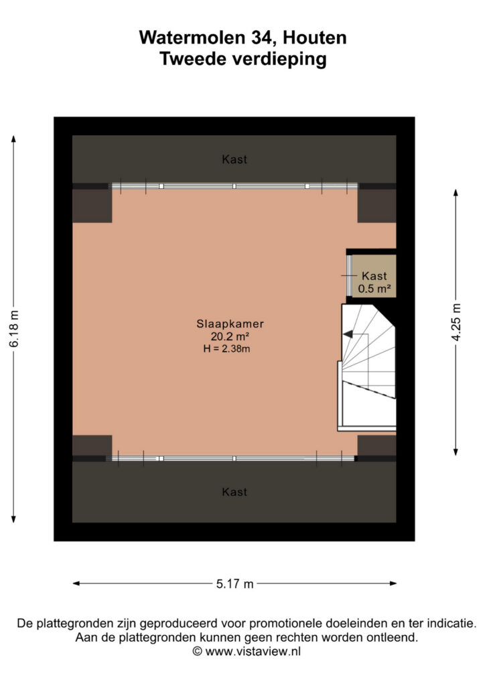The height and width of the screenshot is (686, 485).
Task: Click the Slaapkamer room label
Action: pos(230,324)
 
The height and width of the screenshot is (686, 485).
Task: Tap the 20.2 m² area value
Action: pos(230,336)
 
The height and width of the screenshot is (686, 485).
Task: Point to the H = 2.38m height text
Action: pos(226,348)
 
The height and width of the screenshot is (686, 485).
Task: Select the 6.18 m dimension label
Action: pos(14,328)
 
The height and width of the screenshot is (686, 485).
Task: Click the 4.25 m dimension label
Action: pos(456,322)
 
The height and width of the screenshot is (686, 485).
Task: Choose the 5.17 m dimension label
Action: pos(235,584)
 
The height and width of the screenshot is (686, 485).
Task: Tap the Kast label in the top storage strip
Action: pos(234,159)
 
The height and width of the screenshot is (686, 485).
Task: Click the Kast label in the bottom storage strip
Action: pos(234,492)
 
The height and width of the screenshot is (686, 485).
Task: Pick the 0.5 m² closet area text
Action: pos(374,288)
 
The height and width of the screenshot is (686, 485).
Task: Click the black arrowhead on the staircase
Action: pos(348,334)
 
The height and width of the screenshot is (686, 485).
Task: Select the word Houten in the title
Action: pos(314,38)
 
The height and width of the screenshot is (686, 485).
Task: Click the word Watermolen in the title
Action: pos(192,38)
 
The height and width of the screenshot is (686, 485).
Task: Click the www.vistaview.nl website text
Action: pos(253,651)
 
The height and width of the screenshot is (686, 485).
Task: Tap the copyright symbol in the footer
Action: pos(197,651)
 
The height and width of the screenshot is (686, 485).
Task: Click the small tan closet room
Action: pos(374,276)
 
